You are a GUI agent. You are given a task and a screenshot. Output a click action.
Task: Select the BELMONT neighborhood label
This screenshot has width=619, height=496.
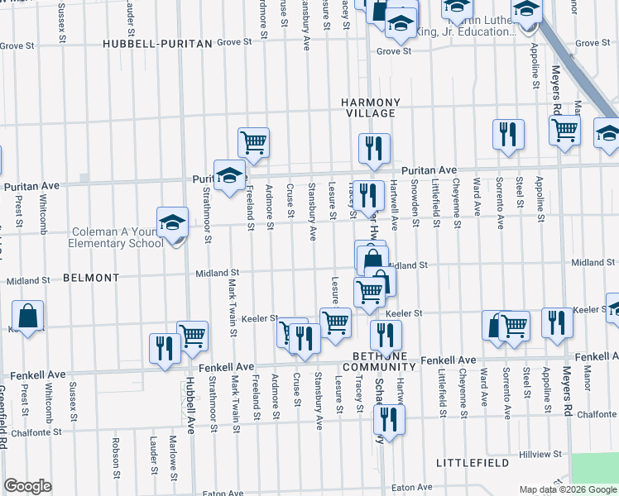(91, 278)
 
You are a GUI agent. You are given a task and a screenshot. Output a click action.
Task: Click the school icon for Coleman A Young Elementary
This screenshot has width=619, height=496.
(172, 222)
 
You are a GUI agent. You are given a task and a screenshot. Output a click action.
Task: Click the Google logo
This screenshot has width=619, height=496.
(28, 486)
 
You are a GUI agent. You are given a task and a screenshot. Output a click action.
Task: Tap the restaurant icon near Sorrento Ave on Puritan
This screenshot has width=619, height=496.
(508, 135)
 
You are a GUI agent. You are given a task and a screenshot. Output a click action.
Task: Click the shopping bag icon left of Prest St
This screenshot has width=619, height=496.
(28, 316)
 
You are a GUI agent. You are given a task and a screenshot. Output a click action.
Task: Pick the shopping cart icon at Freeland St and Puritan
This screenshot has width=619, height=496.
(253, 142)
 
